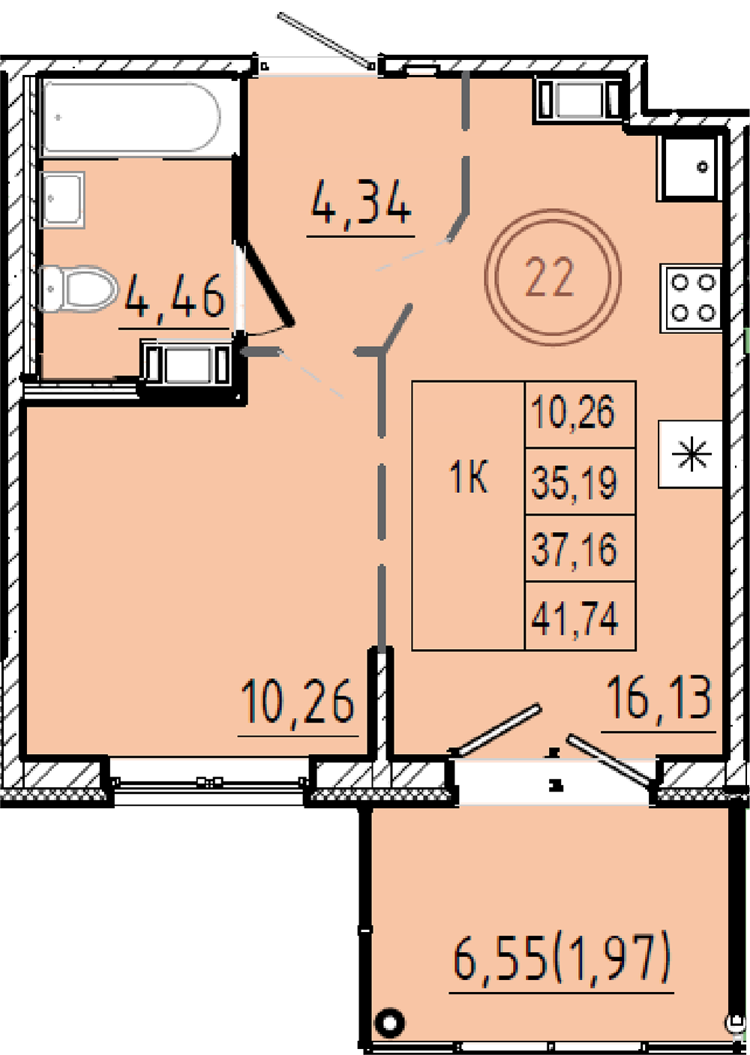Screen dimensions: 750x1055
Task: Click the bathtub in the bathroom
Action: click(131, 117)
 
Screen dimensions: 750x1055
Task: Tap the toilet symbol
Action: click(78, 288)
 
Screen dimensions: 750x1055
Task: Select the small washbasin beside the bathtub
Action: click(62, 200)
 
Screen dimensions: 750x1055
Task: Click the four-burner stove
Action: click(691, 298)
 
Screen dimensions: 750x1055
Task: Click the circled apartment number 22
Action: click(553, 278)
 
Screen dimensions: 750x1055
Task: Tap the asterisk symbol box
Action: click(691, 454)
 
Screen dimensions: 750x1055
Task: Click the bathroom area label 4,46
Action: click(175, 298)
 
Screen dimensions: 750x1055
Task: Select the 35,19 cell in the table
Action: click(580, 482)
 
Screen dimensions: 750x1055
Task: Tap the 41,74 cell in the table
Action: click(580, 616)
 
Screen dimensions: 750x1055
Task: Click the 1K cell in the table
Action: click(469, 515)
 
